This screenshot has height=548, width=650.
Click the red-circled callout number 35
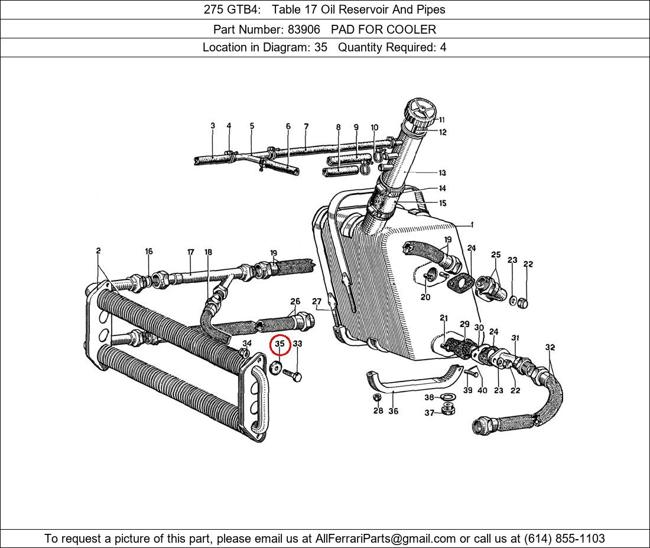(280, 344)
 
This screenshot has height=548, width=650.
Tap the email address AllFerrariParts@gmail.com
(386, 538)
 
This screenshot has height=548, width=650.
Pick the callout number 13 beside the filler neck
(442, 173)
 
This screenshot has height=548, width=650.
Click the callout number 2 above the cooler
(98, 251)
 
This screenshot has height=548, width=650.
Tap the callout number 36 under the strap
(393, 411)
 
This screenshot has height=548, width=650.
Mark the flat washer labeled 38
(447, 397)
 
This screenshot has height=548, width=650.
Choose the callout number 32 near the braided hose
(550, 347)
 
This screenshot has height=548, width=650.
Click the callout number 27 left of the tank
(317, 302)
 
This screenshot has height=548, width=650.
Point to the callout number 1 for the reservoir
(472, 224)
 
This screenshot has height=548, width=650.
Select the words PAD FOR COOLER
(383, 29)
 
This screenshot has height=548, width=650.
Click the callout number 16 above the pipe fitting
(149, 252)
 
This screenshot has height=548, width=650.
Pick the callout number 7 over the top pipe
(306, 126)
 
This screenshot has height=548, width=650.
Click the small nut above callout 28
(377, 397)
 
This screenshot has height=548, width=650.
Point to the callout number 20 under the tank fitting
(425, 297)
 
